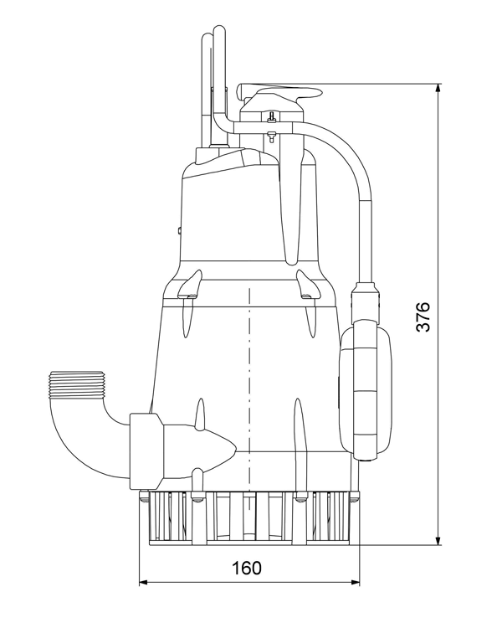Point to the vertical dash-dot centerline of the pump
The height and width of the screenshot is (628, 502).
(x=249, y=377)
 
